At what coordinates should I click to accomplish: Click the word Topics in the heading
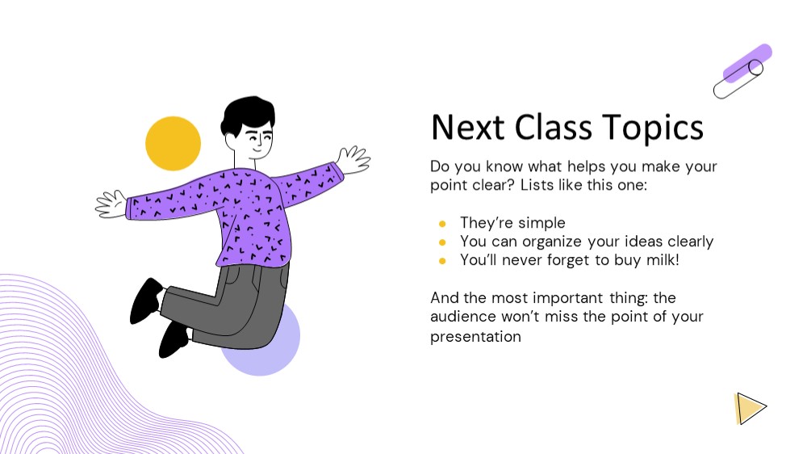point(653,128)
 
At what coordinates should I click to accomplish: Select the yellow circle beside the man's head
point(173,143)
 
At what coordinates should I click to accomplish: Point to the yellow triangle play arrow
point(750,408)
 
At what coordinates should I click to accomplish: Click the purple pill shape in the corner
point(747,63)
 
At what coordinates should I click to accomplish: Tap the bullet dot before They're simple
point(442,224)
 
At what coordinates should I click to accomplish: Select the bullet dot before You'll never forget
point(442,261)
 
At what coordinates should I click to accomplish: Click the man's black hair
point(248,115)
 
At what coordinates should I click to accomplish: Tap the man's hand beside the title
point(353,160)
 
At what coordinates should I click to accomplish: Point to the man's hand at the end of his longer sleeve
point(111,204)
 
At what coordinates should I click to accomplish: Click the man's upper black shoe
point(146,301)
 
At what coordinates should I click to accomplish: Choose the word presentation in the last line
point(475,337)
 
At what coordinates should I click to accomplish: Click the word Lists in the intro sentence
point(537,184)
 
